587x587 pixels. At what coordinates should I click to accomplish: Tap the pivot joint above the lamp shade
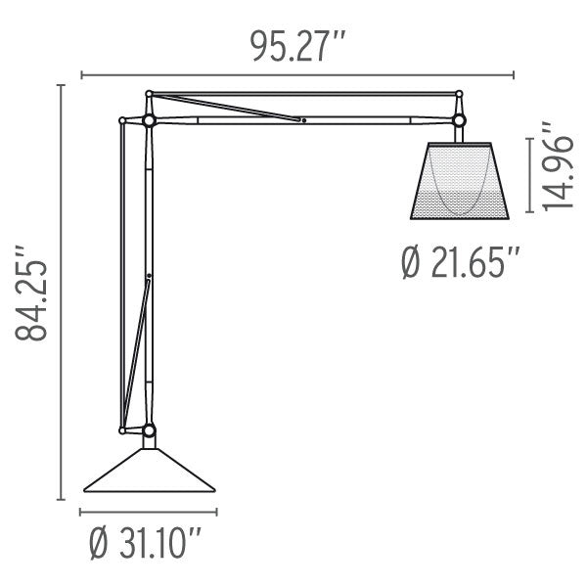pyautogui.click(x=458, y=119)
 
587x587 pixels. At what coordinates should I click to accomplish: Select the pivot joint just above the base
pyautogui.click(x=149, y=429)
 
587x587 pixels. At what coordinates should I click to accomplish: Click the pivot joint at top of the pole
pyautogui.click(x=149, y=119)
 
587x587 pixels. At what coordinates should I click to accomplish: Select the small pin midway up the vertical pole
pyautogui.click(x=149, y=277)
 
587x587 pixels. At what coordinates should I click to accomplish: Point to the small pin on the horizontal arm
pyautogui.click(x=303, y=121)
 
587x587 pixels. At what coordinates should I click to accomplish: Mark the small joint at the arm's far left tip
pyautogui.click(x=121, y=121)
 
